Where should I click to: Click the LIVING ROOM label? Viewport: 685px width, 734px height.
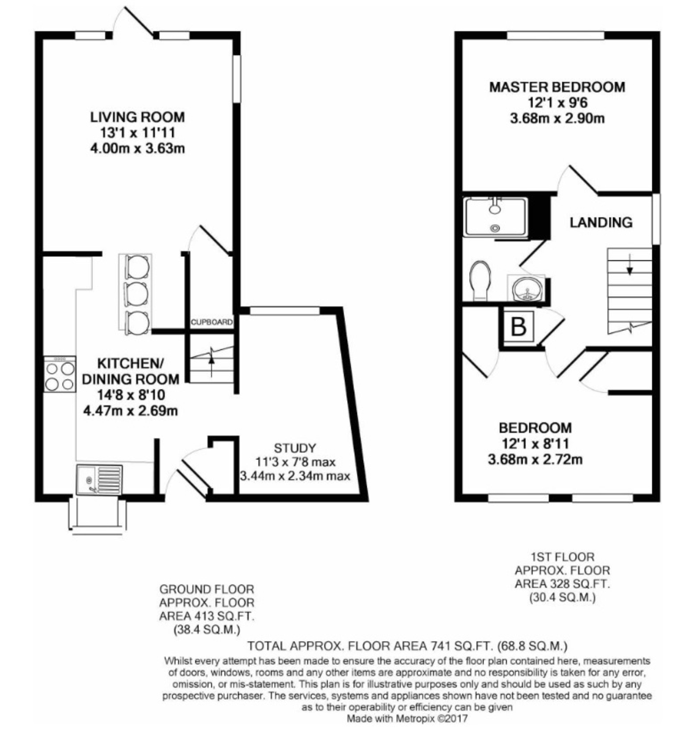137,117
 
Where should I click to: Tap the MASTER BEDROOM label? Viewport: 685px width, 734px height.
557,87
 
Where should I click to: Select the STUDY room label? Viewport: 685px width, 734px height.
295,448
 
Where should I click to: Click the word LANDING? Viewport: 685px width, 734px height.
601,222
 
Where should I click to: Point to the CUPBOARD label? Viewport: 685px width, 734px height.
211,322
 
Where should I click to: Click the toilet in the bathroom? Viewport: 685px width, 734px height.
481,281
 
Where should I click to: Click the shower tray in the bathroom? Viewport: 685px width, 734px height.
495,216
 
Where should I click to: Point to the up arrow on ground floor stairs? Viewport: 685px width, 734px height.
212,356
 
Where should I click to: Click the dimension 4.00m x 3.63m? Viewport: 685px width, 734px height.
137,148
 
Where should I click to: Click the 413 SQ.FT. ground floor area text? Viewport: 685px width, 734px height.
207,616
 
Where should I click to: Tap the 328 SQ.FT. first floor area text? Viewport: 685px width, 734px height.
561,584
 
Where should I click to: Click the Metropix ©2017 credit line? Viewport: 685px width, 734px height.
407,719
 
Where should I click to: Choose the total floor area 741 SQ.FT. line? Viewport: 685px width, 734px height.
407,646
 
